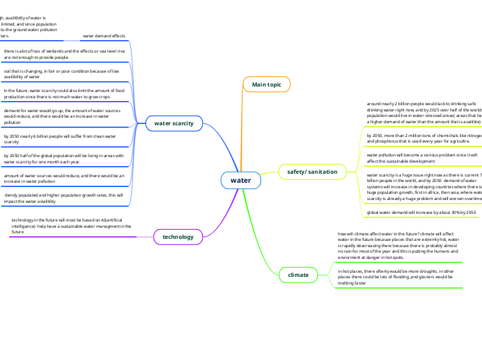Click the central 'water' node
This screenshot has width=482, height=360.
(240, 180)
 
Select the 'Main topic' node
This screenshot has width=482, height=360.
(267, 84)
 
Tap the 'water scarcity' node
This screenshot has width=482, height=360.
(174, 123)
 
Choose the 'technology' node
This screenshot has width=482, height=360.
(178, 237)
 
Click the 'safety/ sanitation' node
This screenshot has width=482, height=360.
(312, 170)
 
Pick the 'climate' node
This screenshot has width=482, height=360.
(298, 275)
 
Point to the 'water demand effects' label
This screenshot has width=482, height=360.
(104, 35)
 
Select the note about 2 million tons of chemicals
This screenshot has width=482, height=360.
(422, 138)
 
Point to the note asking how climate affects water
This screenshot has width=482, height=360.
(399, 246)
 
